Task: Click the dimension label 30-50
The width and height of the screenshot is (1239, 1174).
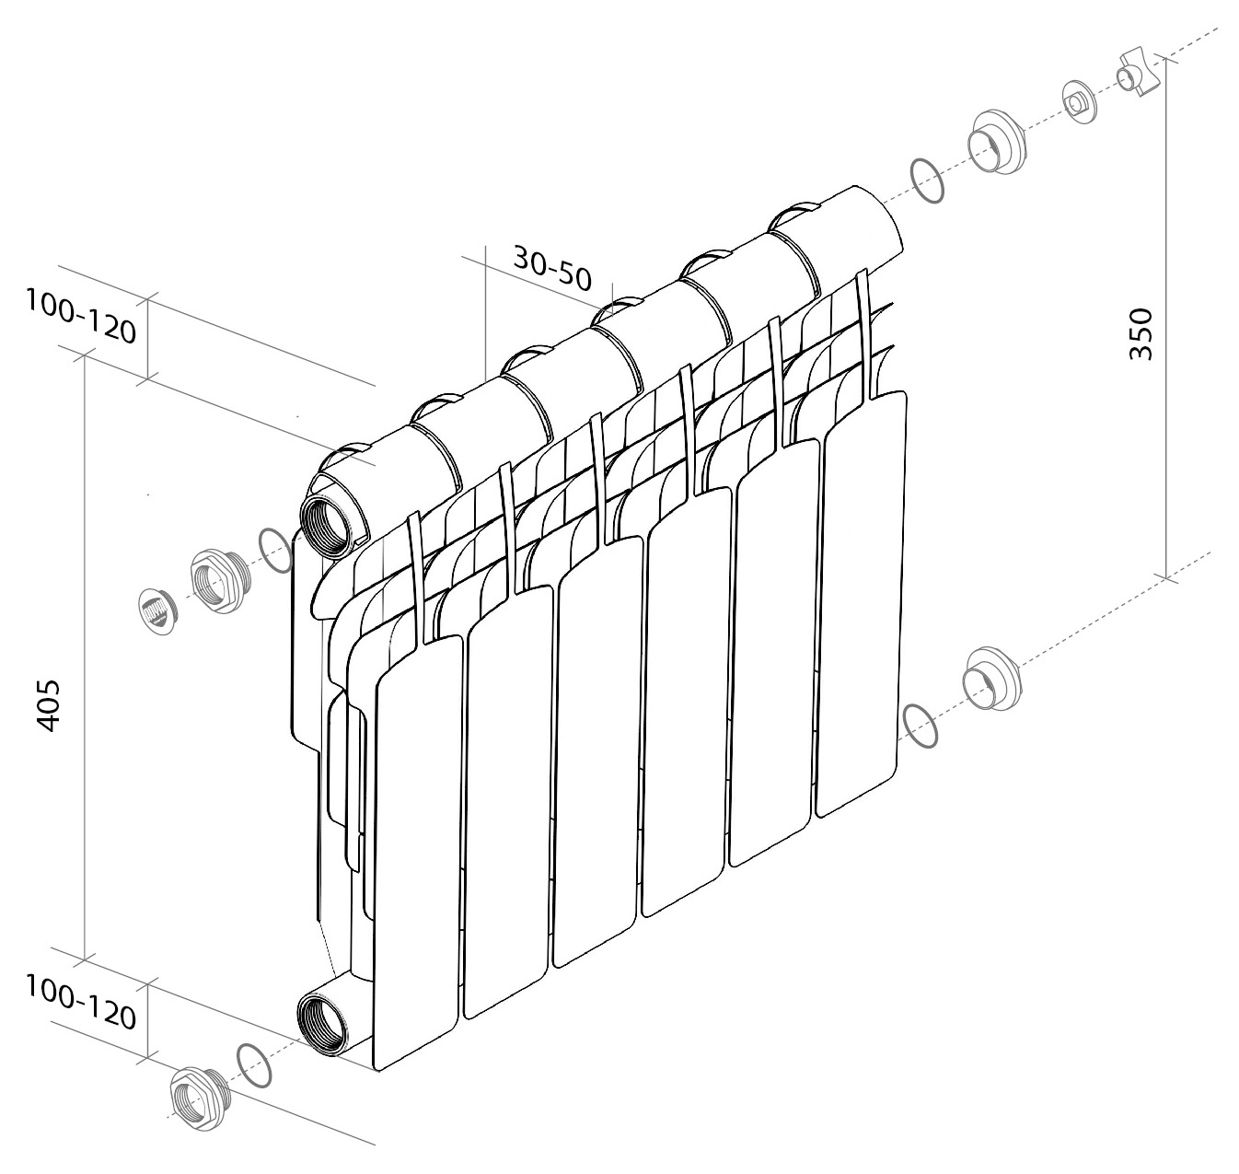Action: (x=552, y=268)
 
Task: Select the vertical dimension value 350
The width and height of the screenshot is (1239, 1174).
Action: (x=1141, y=333)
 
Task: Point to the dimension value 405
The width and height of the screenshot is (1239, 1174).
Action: (x=49, y=705)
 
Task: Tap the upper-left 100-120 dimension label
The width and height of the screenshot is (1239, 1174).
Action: (x=81, y=316)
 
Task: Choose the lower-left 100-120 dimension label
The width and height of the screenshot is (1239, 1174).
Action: (x=81, y=1001)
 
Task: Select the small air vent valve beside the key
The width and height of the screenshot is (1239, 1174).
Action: (x=1080, y=102)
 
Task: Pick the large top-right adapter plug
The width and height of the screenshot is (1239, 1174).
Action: (x=996, y=143)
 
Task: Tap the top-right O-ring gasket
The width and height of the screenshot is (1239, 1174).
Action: (x=927, y=181)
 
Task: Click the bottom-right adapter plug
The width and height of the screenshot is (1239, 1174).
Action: (x=992, y=679)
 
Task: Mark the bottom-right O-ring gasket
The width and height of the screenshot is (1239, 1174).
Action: (x=921, y=726)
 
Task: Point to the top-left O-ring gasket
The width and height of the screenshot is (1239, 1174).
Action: (x=275, y=551)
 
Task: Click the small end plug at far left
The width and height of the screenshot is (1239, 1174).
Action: (x=159, y=610)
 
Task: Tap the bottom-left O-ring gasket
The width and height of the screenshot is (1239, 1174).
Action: (x=254, y=1065)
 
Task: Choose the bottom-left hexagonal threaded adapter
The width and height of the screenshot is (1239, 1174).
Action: (x=201, y=1098)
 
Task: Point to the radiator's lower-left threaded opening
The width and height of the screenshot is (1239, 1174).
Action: (x=322, y=1025)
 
